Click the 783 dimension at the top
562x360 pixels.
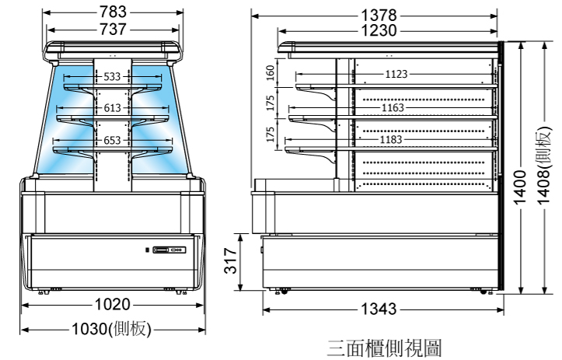click(x=114, y=12)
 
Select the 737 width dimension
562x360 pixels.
click(x=114, y=30)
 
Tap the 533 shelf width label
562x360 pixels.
click(x=113, y=77)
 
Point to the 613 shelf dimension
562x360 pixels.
click(x=113, y=108)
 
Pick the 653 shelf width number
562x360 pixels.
click(x=113, y=141)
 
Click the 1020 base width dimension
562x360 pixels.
click(x=113, y=304)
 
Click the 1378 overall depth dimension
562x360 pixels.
click(x=379, y=15)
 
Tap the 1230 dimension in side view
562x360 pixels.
click(x=379, y=31)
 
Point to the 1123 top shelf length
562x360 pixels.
click(x=396, y=75)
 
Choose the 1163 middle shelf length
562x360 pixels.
click(x=393, y=108)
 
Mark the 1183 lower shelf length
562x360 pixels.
click(x=392, y=140)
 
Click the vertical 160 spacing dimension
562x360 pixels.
click(x=271, y=73)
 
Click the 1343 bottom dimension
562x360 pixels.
click(x=379, y=309)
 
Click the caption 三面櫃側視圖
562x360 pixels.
click(x=384, y=347)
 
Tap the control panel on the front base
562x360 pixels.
click(x=169, y=250)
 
